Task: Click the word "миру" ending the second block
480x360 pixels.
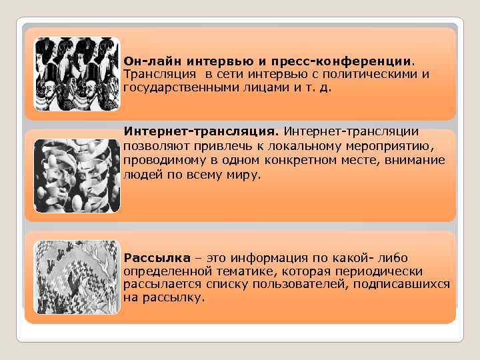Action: point(245,175)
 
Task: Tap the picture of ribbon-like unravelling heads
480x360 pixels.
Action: point(76,175)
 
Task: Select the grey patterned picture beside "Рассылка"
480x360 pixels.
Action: point(76,276)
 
